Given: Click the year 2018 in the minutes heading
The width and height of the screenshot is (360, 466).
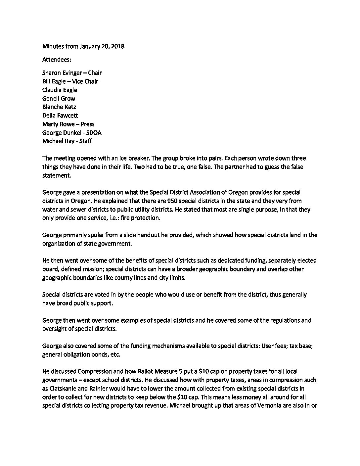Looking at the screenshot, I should point(117,46).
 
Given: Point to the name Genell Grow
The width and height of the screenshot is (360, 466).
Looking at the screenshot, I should point(59,99).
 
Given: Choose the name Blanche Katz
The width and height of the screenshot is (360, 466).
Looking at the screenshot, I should point(59,107).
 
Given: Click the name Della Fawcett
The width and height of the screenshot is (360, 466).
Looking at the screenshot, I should point(61,116).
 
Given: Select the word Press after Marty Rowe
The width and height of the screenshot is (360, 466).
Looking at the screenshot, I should point(87,124).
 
